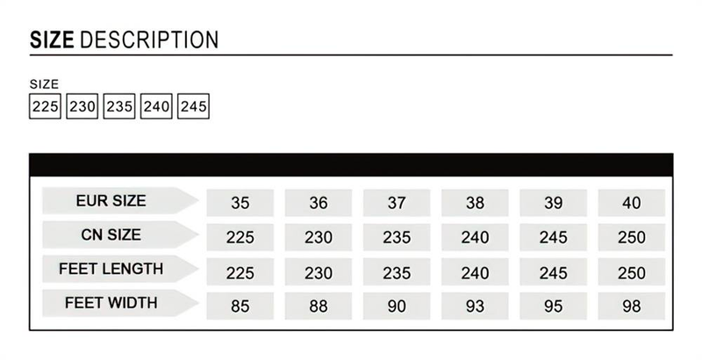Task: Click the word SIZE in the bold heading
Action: (x=52, y=40)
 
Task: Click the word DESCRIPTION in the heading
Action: (x=149, y=40)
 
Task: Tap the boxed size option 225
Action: (x=46, y=106)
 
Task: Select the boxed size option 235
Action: (x=119, y=106)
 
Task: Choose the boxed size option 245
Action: (x=193, y=106)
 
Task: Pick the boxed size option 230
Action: (x=82, y=106)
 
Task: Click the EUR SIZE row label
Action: (x=111, y=200)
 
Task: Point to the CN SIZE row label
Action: (x=111, y=234)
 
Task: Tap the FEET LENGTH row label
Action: (x=111, y=269)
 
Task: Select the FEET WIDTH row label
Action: (x=111, y=303)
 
